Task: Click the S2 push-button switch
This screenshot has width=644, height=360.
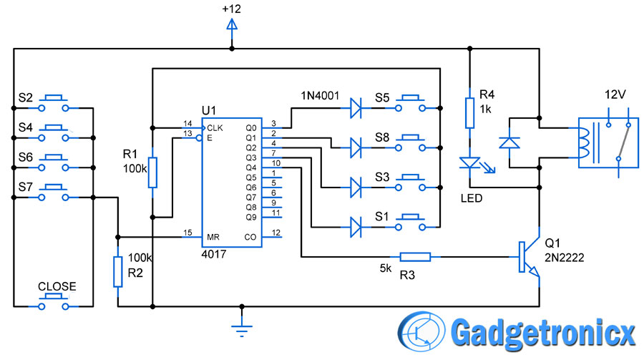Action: coord(54,104)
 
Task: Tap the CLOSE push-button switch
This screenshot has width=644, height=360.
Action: coord(54,301)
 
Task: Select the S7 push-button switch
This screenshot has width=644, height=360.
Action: coord(54,193)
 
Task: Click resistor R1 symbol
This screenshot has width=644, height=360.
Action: coord(152,172)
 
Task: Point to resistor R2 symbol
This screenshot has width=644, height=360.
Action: coord(118,272)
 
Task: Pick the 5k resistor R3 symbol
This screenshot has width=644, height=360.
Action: coord(415,257)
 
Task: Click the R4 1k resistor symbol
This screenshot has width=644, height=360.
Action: coord(470,113)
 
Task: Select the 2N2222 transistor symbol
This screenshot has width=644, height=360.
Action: coord(530,257)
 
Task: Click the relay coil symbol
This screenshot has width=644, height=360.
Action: coord(583,143)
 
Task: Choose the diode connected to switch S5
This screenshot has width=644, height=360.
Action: coord(356,108)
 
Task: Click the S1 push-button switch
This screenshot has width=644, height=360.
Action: coord(410,223)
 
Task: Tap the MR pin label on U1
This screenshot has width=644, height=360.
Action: coord(213,237)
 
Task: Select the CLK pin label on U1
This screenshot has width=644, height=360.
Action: coord(215,128)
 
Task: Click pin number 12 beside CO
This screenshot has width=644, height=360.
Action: coord(276,233)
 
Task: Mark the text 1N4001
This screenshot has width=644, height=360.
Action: coord(320,96)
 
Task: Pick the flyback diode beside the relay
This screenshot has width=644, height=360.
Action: coord(509,142)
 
